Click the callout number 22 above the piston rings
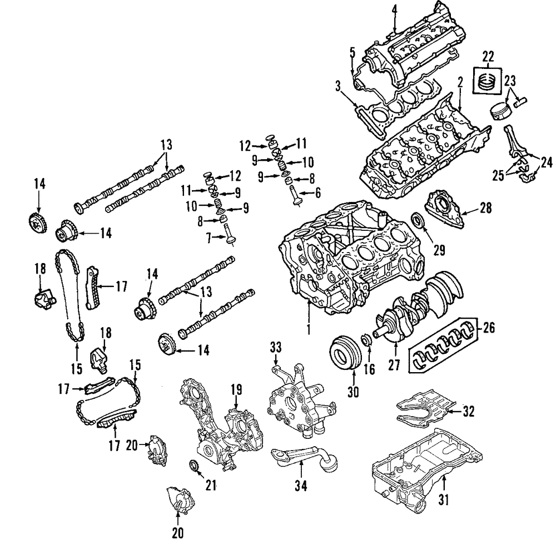[488, 56]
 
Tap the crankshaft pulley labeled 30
[343, 352]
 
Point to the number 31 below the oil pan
[443, 500]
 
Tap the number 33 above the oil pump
[275, 347]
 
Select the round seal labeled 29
[418, 220]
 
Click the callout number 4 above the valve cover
[394, 9]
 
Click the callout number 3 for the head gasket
[337, 86]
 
